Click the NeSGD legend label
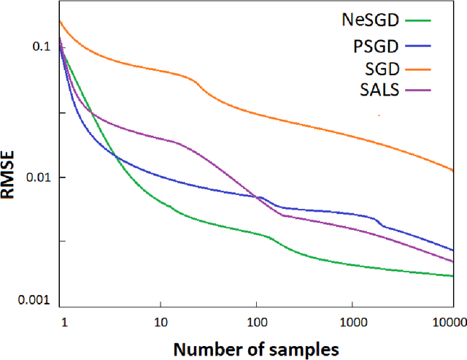coord(368,20)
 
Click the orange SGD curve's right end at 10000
coord(453,170)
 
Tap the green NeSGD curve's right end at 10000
coord(453,276)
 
